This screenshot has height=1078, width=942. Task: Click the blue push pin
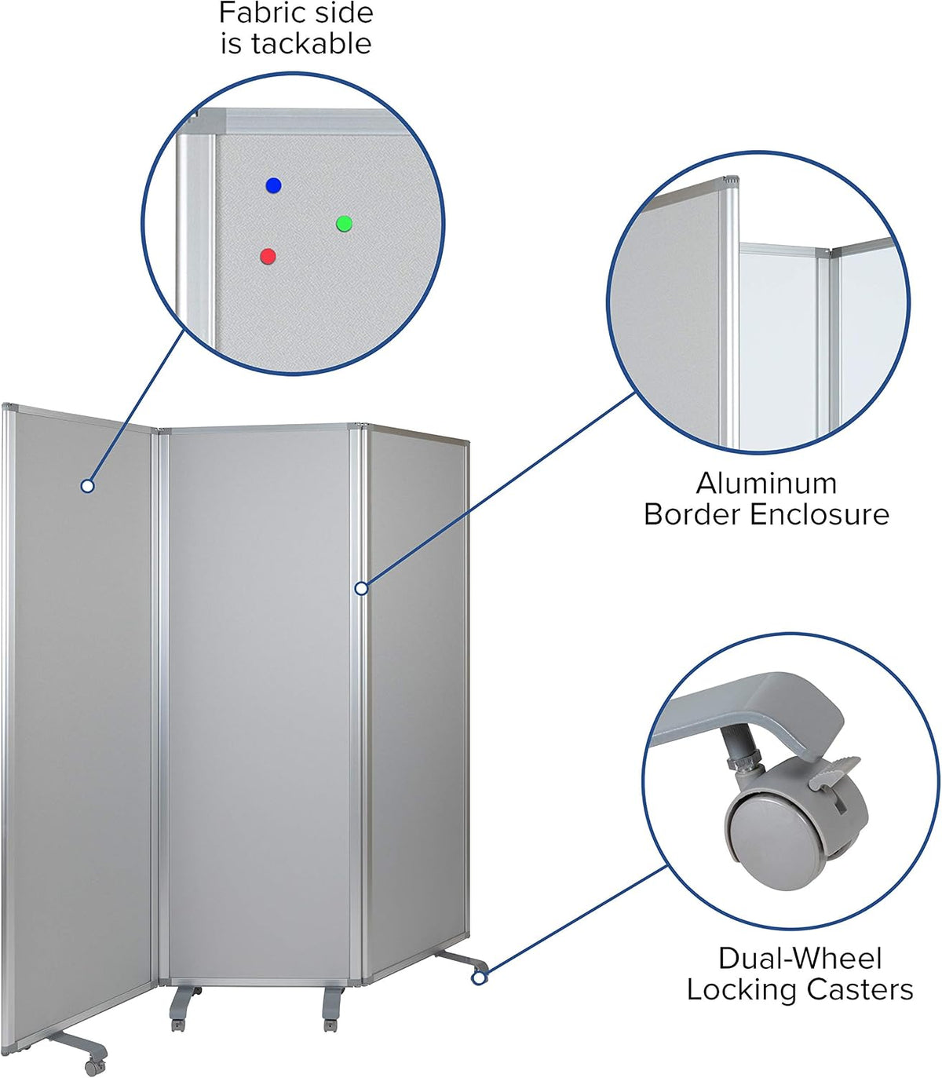[273, 185]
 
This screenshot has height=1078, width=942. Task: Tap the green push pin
[344, 224]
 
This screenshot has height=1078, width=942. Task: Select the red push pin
[268, 257]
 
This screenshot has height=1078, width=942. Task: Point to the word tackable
[312, 43]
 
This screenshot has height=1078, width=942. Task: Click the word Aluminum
[766, 483]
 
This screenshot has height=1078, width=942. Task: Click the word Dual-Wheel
[800, 959]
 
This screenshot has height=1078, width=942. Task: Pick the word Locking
[743, 989]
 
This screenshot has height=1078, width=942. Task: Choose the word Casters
[860, 989]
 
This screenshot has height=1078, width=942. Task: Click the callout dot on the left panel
[87, 486]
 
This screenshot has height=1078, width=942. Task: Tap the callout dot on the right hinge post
[361, 588]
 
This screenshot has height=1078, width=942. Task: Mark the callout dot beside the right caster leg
[479, 978]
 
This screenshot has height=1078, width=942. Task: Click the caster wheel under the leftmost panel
[93, 1065]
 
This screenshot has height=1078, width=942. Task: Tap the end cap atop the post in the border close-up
[732, 180]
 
